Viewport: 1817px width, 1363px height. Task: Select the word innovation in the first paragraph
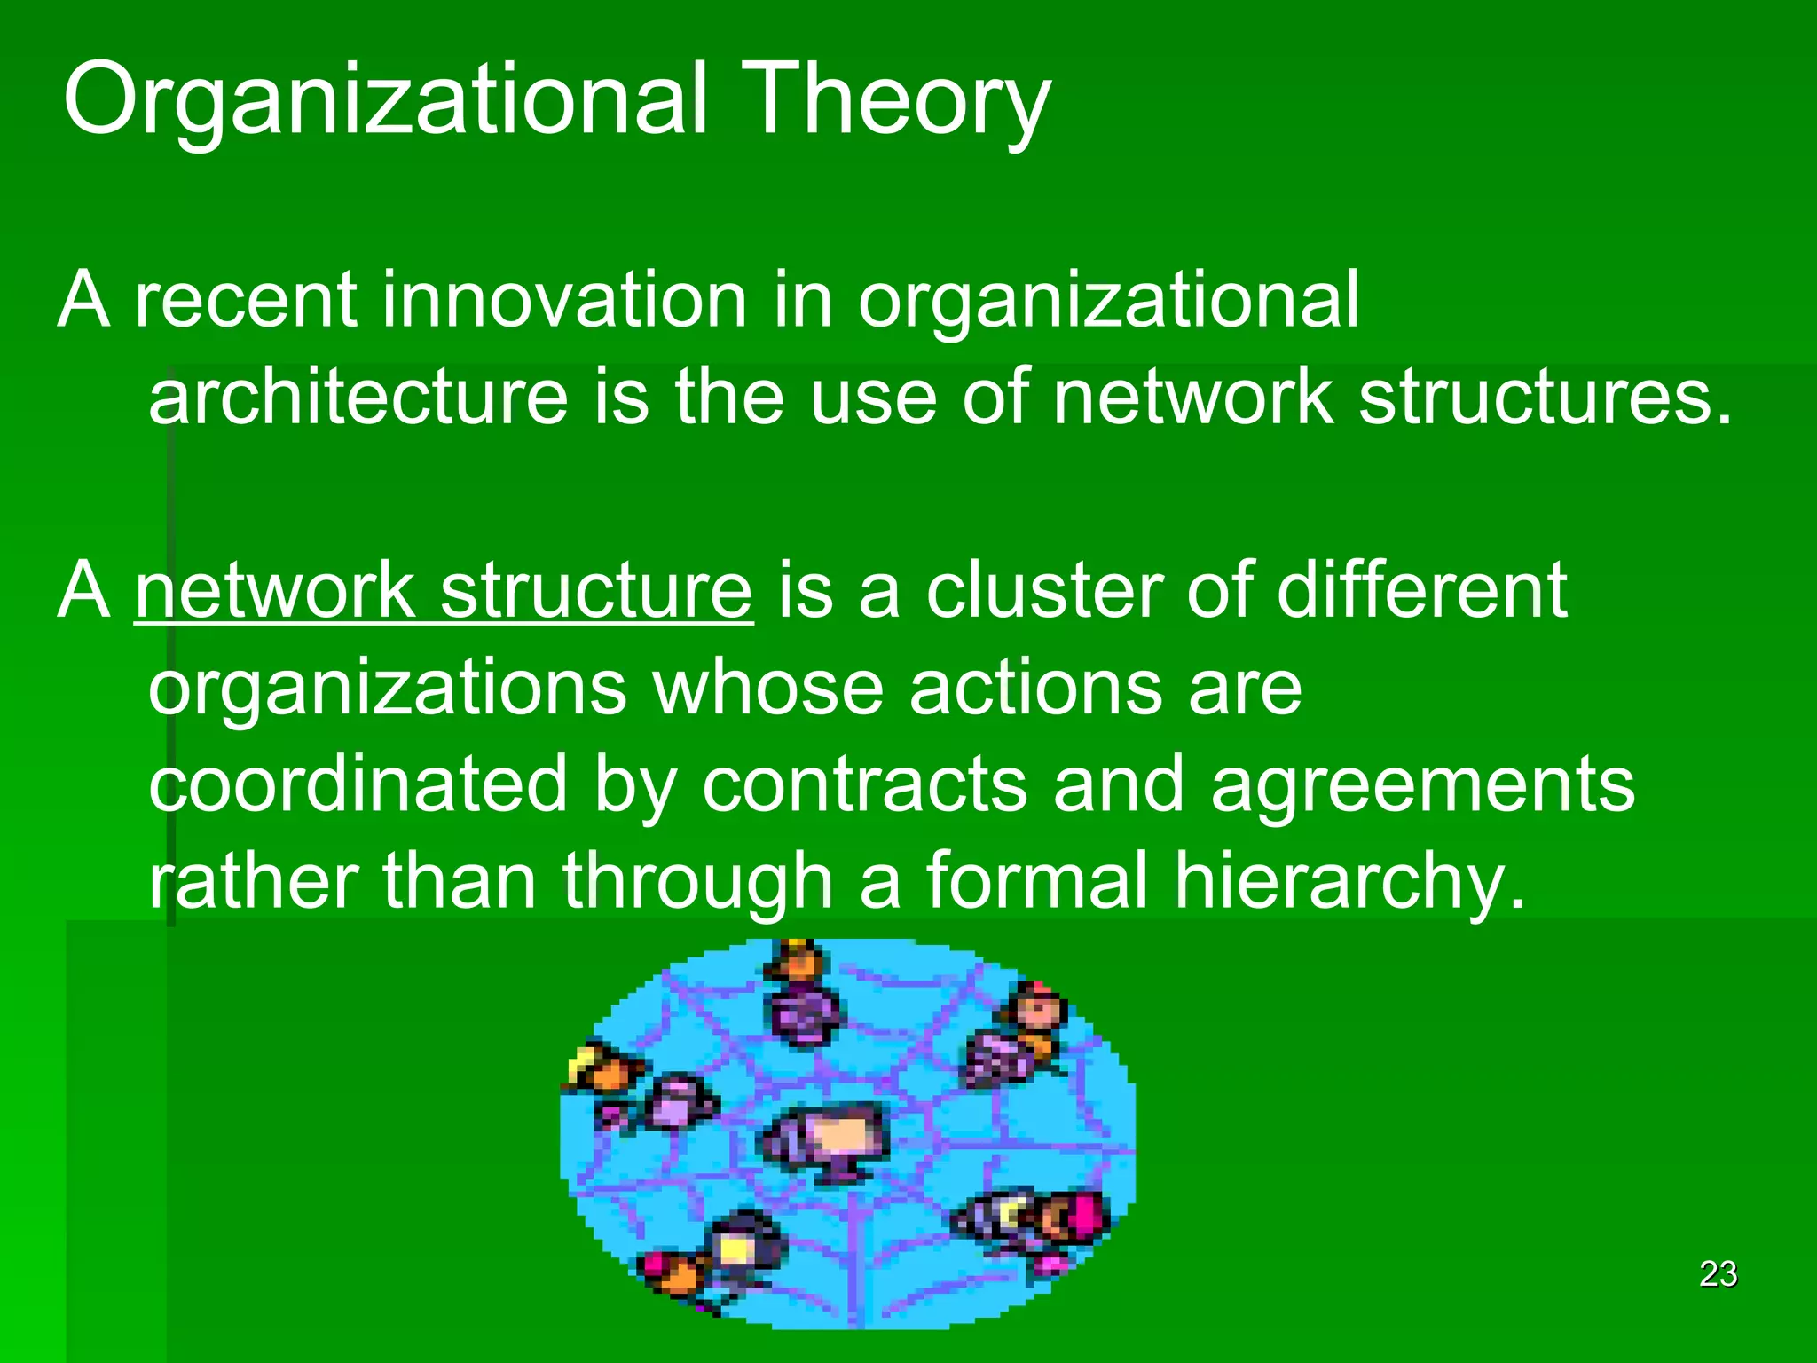coord(564,300)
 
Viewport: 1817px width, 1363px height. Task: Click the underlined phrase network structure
coord(444,591)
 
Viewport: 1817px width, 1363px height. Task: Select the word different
coord(1421,591)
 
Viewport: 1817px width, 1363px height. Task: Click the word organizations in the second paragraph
coord(387,689)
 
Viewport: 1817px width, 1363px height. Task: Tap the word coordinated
coord(358,784)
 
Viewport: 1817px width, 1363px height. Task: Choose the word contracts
coord(864,784)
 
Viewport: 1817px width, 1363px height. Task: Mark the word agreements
coord(1422,786)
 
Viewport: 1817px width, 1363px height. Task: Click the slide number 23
coord(1718,1274)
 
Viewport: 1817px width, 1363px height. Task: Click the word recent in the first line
coord(246,300)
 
